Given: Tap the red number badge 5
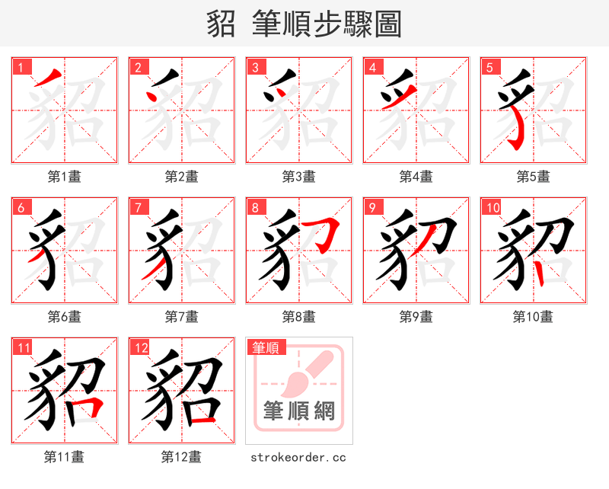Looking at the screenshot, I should pyautogui.click(x=489, y=67).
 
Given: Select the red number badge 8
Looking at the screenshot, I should pyautogui.click(x=254, y=207).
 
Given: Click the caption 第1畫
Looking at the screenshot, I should pyautogui.click(x=65, y=177).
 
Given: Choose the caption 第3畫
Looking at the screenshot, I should pyautogui.click(x=299, y=177).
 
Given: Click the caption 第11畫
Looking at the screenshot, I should pyautogui.click(x=65, y=457).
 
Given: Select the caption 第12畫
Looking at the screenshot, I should pyautogui.click(x=182, y=457).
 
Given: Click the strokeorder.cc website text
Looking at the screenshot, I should pyautogui.click(x=298, y=457).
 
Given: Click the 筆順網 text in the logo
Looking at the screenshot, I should pyautogui.click(x=299, y=412).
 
